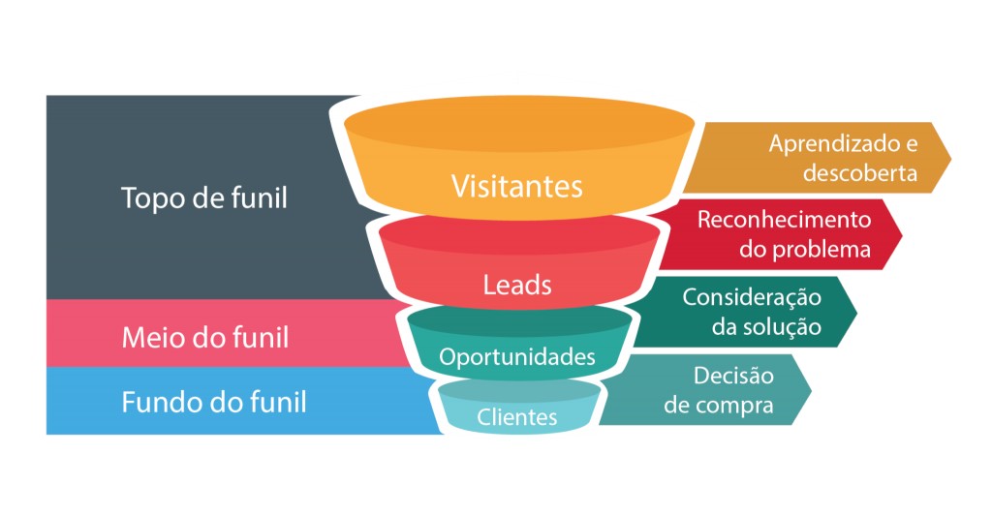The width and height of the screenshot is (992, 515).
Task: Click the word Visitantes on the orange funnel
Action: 517,186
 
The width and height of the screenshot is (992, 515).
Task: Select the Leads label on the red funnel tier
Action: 517,285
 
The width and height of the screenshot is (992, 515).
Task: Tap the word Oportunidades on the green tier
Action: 517,357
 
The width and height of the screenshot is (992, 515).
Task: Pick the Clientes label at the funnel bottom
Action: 517,417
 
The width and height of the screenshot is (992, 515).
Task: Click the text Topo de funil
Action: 204,197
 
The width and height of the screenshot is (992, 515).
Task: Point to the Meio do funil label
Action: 204,338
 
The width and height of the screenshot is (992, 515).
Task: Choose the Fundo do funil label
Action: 214,401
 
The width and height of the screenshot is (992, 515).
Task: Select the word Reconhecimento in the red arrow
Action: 784,220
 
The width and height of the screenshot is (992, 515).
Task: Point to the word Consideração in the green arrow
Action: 752,297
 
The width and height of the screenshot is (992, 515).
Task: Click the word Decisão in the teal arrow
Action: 732,375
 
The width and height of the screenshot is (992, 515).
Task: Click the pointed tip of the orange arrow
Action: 949,158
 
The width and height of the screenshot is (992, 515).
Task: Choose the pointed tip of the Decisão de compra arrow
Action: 810,389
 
